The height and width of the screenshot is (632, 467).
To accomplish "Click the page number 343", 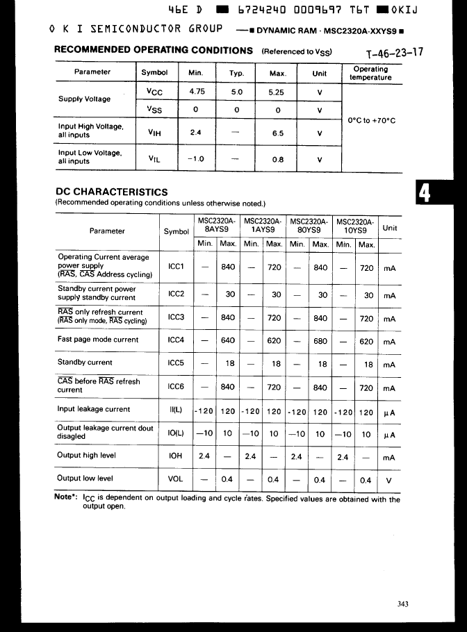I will point(402,604).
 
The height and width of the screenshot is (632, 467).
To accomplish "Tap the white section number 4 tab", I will point(424,194).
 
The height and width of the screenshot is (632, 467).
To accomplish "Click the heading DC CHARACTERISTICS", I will point(111,192).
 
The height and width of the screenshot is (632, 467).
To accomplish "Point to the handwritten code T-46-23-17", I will point(394,53).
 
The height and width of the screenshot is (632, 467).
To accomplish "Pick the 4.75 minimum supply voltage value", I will point(197,91).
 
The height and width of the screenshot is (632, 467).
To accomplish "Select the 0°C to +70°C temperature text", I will point(372,120).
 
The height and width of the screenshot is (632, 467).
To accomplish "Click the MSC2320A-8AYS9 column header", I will point(217,225).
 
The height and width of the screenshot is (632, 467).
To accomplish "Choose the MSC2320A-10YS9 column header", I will point(355,225).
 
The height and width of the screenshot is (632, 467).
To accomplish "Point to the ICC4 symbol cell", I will point(176,340).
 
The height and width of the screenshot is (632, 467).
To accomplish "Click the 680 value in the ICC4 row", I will point(321,341).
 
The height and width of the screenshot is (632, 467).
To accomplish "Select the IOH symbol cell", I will point(176,456).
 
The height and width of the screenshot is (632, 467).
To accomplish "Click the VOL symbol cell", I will point(176,479).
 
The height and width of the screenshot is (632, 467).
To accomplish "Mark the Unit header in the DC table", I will point(390,228).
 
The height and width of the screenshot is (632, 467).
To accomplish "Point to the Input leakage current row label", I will point(93,409).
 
